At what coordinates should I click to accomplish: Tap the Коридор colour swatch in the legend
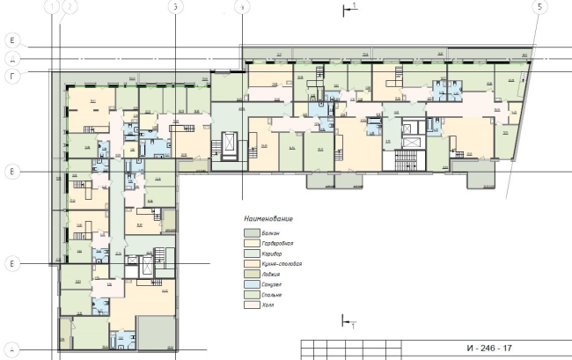click(x=251, y=252)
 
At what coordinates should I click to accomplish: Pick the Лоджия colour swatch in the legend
click(x=251, y=275)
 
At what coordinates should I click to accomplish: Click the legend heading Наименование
click(x=268, y=217)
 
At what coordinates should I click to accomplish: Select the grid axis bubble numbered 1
click(x=55, y=6)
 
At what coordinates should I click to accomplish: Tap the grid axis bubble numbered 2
click(x=70, y=6)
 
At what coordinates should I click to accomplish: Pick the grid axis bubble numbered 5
click(x=538, y=6)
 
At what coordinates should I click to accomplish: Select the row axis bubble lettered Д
click(x=11, y=58)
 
